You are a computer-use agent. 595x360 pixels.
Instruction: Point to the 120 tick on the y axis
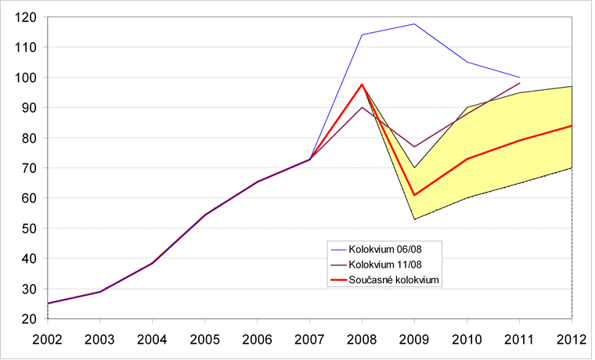[x=26, y=16]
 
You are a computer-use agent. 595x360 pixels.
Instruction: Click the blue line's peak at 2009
[x=414, y=23]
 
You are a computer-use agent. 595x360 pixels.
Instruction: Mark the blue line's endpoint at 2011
[x=519, y=77]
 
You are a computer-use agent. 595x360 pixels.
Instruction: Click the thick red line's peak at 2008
[x=362, y=85]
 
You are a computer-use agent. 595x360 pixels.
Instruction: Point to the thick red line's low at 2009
[x=414, y=195]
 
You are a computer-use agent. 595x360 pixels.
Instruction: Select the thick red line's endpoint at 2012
[x=572, y=125]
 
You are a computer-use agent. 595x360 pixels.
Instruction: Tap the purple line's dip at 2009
[x=414, y=146]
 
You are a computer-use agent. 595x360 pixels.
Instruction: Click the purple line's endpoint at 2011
[x=519, y=83]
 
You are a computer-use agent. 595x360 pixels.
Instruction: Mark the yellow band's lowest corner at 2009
[x=414, y=219]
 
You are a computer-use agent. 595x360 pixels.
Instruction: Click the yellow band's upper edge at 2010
[x=467, y=107]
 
